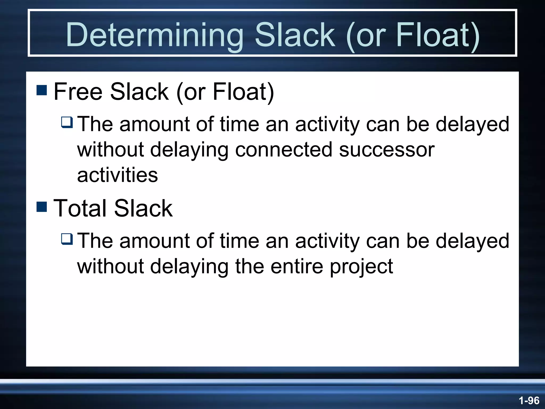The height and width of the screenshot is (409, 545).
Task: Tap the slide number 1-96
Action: [529, 400]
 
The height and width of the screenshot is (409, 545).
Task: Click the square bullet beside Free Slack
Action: [42, 90]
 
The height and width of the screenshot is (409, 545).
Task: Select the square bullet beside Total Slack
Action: [42, 207]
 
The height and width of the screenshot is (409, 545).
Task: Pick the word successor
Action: [387, 149]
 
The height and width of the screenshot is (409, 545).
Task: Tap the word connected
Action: [284, 149]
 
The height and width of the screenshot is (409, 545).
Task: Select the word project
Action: [361, 266]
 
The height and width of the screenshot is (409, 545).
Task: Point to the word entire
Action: [297, 266]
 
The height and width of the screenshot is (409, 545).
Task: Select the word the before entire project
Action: [249, 266]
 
